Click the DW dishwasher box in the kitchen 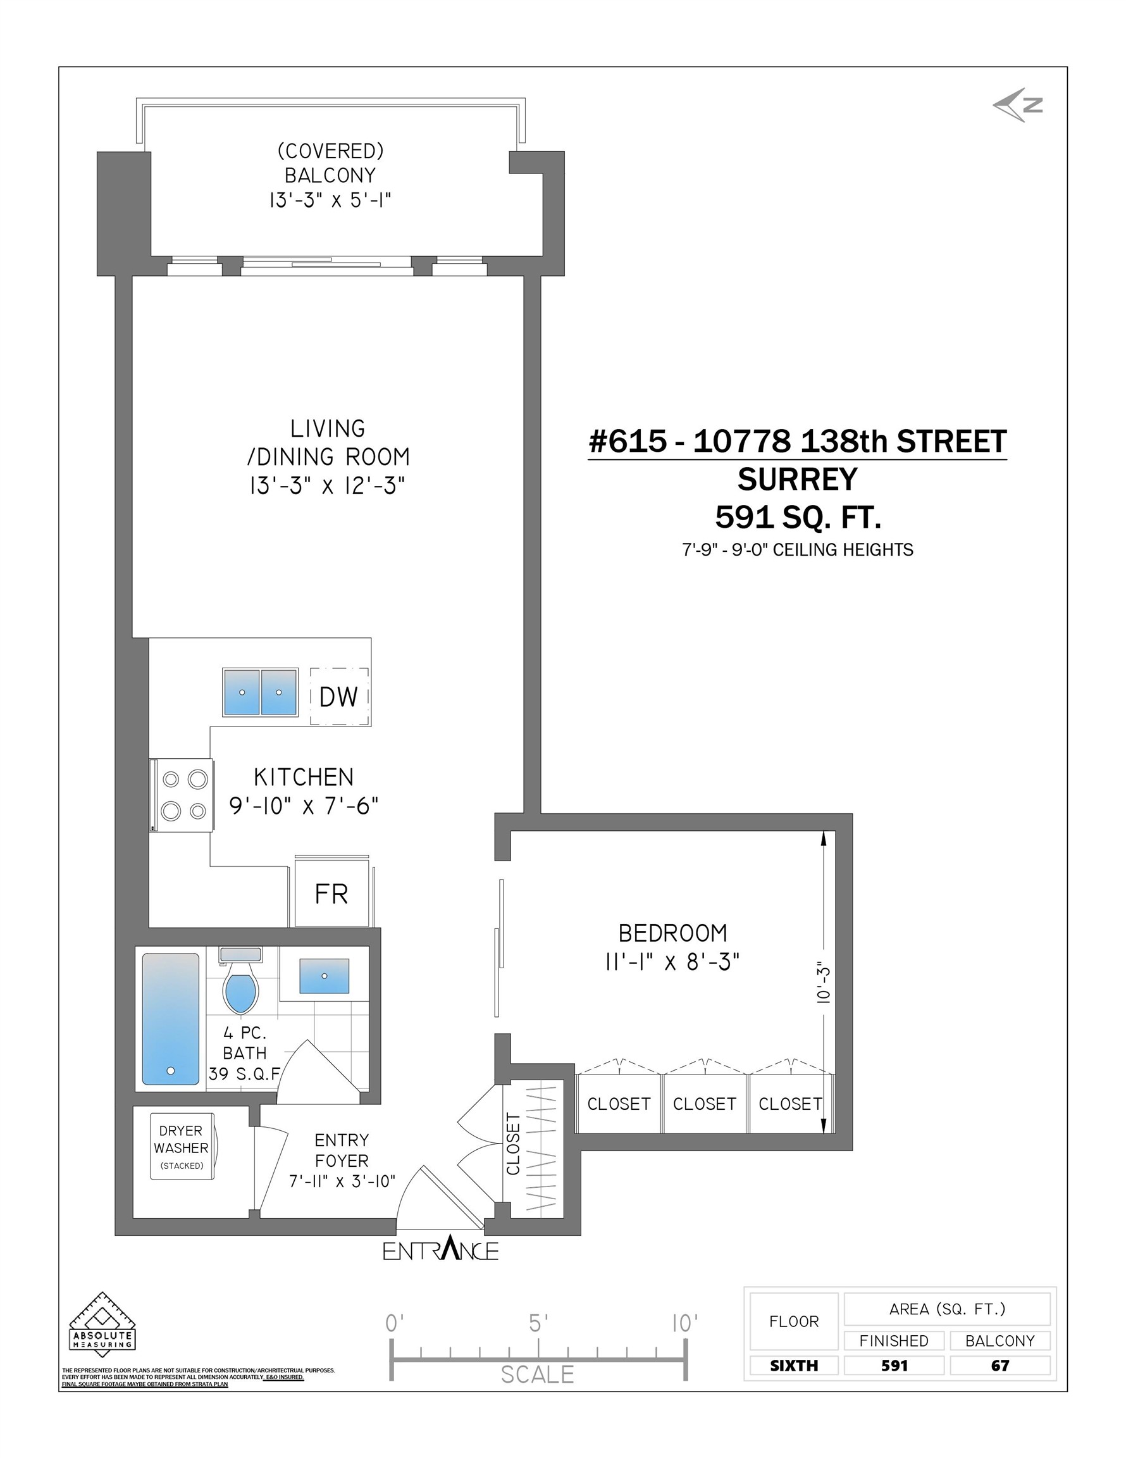point(340,696)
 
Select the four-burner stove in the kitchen point(182,795)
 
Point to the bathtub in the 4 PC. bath point(171,1019)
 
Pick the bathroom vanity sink point(325,976)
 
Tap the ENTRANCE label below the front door point(440,1250)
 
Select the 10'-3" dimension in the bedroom point(824,985)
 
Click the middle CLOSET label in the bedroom point(705,1104)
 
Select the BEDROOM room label point(673,933)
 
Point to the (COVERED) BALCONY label point(330,163)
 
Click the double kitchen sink point(260,692)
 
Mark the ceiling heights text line point(798,549)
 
